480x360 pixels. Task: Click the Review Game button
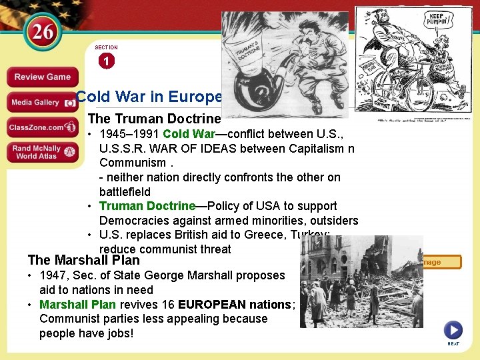click(x=42, y=77)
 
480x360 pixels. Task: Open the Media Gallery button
click(x=42, y=102)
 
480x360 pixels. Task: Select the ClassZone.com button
click(x=42, y=127)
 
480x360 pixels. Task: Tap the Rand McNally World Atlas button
click(x=42, y=152)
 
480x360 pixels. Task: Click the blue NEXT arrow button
click(x=453, y=329)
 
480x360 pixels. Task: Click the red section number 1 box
click(x=106, y=61)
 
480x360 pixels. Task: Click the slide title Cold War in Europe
click(x=148, y=97)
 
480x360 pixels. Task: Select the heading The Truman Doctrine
click(x=154, y=119)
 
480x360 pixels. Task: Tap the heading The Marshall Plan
click(x=84, y=260)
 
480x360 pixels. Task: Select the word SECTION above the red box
click(x=106, y=48)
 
